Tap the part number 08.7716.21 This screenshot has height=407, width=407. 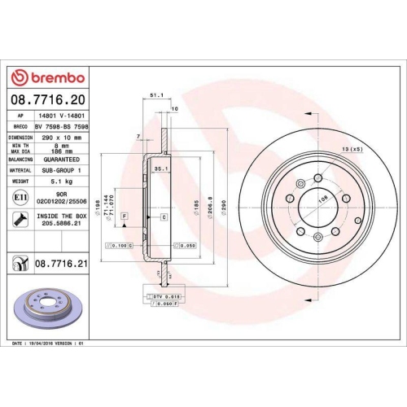point(60,265)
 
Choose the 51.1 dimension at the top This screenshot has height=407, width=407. point(155,95)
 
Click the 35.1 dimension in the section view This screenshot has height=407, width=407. point(160,168)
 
